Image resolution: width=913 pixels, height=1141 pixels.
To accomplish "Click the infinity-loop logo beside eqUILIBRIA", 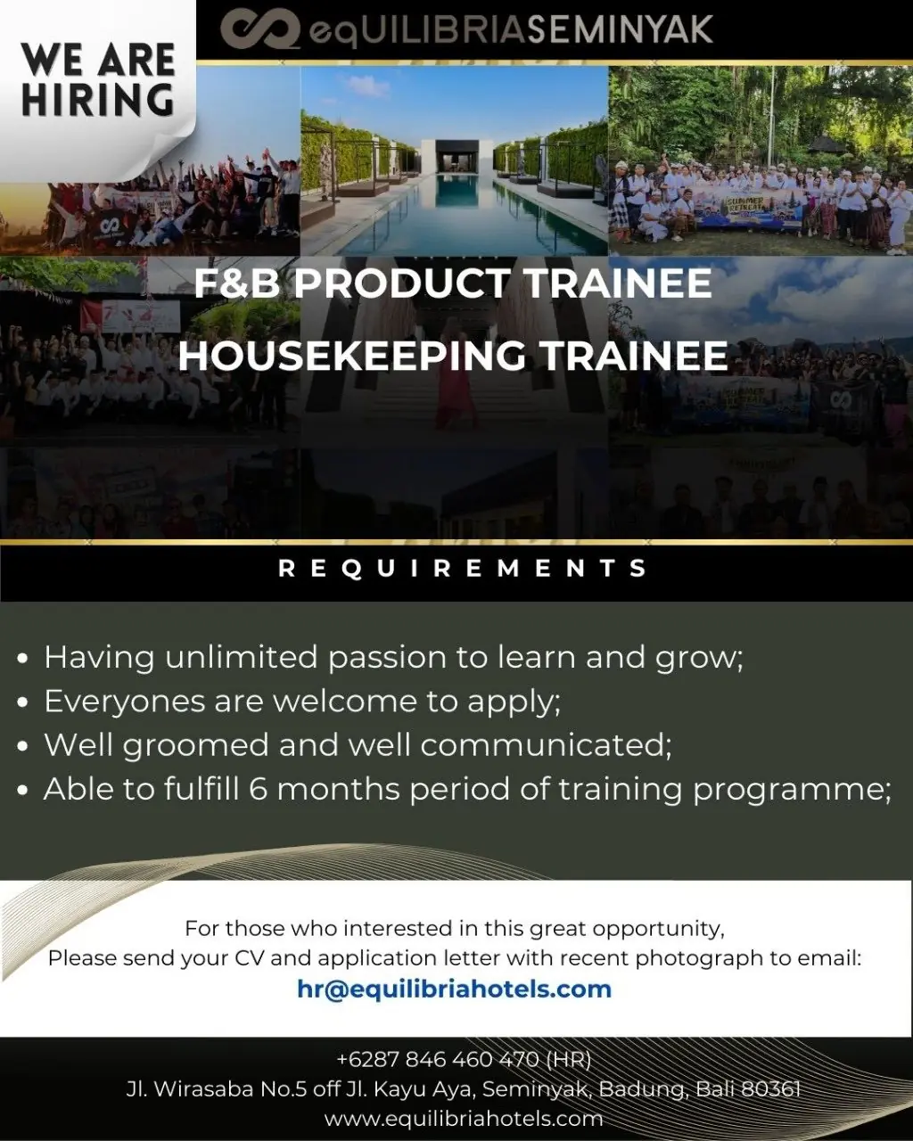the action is pos(260,29).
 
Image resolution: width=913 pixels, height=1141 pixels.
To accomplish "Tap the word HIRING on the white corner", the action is pos(98,100).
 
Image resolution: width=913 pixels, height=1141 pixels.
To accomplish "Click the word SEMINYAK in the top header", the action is pos(621,29).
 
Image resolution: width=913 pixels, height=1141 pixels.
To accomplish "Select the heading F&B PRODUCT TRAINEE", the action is pos(453,283).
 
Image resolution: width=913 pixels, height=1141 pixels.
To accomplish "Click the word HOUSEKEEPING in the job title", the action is pos(351,356).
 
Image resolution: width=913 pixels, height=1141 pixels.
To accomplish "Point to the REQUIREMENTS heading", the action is pos(463,568).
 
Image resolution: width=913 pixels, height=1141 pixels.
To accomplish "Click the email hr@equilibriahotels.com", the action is pos(454,989).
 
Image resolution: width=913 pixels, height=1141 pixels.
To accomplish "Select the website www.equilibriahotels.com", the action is pos(464,1118).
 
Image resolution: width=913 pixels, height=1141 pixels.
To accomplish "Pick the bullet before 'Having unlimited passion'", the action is pos(22,659).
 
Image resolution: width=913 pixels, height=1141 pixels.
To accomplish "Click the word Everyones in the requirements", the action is pos(124,702).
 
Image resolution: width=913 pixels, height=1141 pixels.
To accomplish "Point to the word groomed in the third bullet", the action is pos(196,746).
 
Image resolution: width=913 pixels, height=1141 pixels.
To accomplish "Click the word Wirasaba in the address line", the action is pos(202,1088).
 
